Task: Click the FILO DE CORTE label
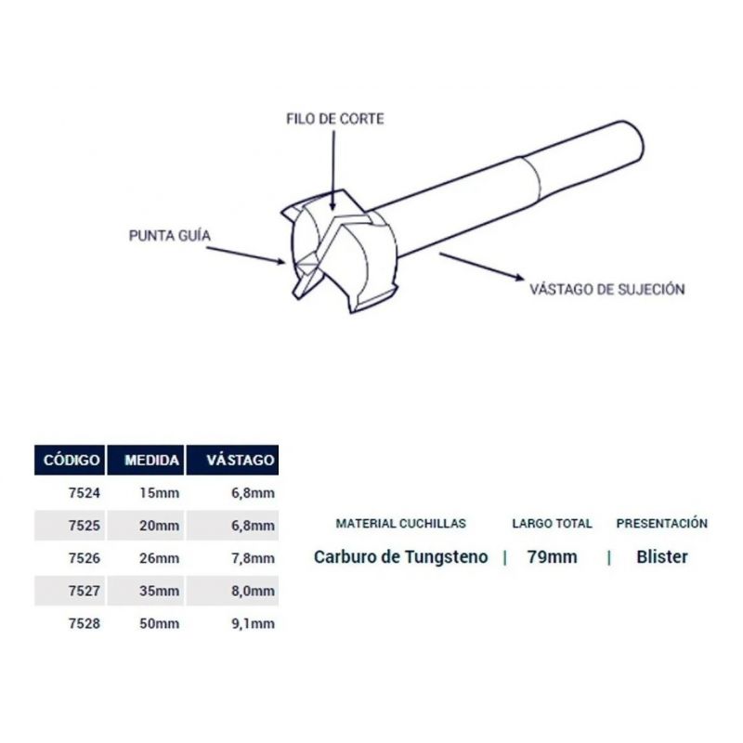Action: coord(335,119)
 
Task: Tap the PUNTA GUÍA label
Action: coord(170,236)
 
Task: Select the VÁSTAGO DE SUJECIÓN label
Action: coord(607,289)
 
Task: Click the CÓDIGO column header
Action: coord(72,460)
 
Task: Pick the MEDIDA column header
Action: coord(152,460)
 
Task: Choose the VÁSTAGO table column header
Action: coord(241,460)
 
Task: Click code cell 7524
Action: coord(85,493)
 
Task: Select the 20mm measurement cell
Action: coord(159,526)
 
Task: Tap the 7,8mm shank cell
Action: coord(253,558)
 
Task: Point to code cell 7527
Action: coord(85,591)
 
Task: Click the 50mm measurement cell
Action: coord(159,623)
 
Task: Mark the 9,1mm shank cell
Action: coord(253,623)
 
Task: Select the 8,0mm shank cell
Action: coord(253,591)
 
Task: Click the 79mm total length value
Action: coord(552,556)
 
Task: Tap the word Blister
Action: coord(662,556)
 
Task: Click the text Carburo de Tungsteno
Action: coord(401,556)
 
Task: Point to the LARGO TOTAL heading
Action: coord(552,524)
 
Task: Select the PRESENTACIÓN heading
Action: coord(662,523)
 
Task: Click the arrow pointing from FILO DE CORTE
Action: coord(333,171)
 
